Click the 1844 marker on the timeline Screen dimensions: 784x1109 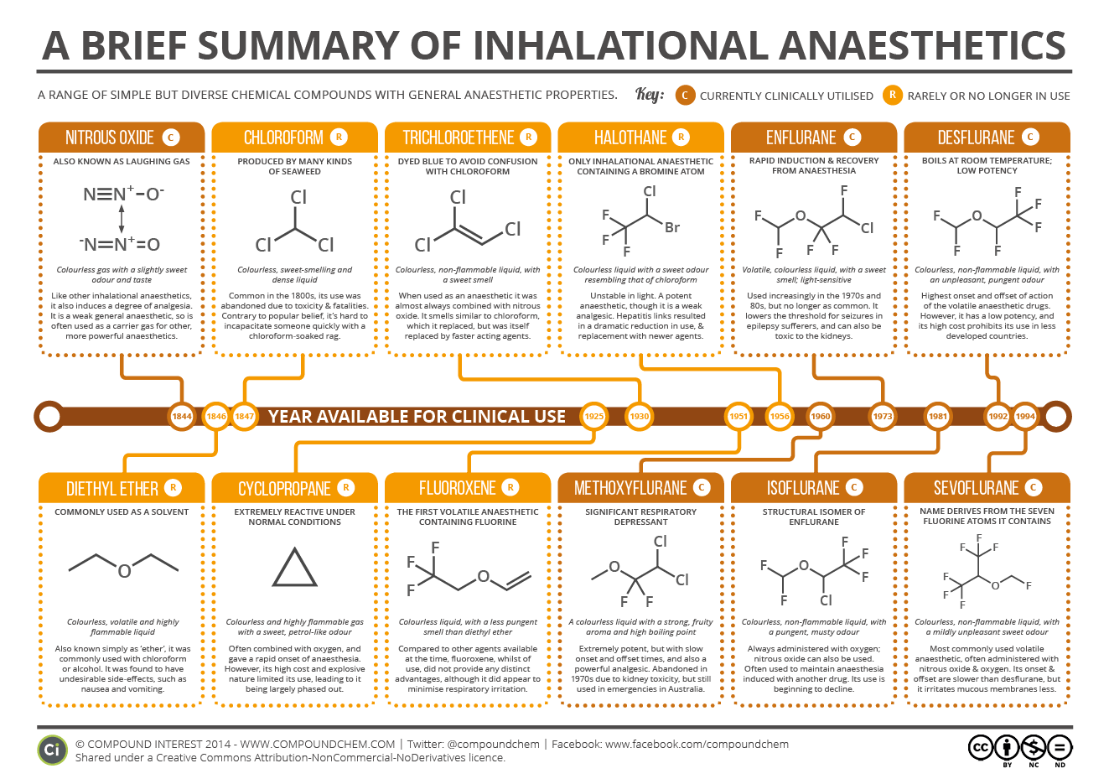click(182, 416)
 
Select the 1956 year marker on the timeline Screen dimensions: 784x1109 click(780, 416)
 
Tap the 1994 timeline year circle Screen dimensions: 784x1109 click(1025, 416)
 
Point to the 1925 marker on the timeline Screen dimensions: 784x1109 click(594, 416)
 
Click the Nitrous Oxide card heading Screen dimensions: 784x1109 click(111, 138)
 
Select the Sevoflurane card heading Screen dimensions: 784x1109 click(977, 488)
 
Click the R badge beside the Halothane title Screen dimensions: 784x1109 click(681, 138)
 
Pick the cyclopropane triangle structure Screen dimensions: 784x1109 click(294, 569)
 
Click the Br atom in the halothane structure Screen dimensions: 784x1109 click(671, 227)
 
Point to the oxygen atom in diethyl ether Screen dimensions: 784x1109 click(124, 572)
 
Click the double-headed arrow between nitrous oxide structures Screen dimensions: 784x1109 click(122, 220)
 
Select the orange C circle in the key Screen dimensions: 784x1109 click(685, 96)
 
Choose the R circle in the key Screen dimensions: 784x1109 click(892, 96)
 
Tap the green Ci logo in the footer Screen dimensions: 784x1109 click(52, 750)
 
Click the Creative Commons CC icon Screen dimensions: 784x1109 click(981, 747)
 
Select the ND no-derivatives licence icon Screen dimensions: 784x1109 click(1060, 747)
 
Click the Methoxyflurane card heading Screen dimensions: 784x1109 click(630, 488)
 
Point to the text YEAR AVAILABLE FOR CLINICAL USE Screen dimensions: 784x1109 click(417, 417)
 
